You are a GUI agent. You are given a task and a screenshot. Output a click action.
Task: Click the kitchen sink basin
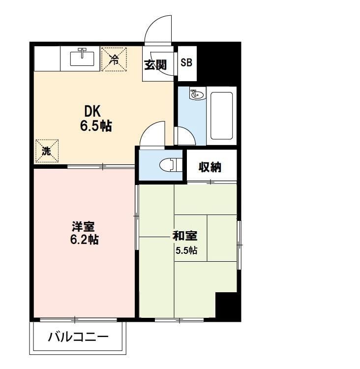tap(82, 59)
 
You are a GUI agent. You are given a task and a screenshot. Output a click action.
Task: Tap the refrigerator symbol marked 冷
tap(114, 59)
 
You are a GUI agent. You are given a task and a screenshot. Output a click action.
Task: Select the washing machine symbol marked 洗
tap(47, 151)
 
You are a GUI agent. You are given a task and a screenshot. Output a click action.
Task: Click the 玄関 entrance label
tap(155, 65)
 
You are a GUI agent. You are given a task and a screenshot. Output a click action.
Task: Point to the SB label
tap(186, 62)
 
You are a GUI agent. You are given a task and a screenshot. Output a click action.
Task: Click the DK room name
tap(92, 111)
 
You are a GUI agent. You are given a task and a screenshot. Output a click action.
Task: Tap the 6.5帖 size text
tap(96, 126)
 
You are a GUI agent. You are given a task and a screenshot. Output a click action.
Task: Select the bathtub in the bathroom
tap(222, 116)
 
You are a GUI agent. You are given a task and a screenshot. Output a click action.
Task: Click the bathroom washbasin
tap(197, 94)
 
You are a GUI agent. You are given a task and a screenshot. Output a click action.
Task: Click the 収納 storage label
tap(210, 167)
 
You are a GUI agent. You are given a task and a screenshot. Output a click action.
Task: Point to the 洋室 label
tap(83, 226)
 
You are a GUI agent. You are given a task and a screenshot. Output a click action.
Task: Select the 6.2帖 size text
tap(84, 240)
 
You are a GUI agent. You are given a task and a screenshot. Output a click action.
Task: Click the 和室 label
tap(185, 236)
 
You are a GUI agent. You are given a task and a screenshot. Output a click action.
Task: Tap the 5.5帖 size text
tap(186, 250)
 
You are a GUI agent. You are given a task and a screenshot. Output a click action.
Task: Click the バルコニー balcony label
tap(78, 337)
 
